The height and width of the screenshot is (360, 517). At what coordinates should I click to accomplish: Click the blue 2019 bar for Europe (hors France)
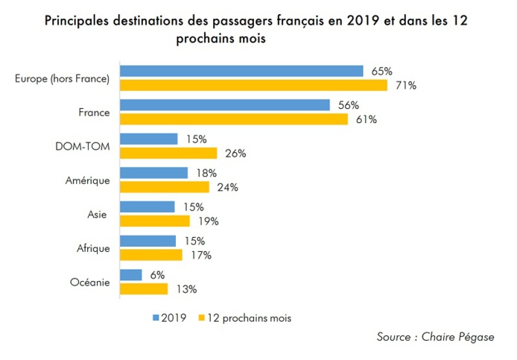(x=242, y=72)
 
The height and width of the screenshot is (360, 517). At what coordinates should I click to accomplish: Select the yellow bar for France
(x=234, y=119)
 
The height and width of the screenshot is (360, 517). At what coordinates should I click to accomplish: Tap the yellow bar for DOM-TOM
(x=168, y=154)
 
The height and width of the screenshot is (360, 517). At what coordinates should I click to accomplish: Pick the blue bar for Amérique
(x=153, y=173)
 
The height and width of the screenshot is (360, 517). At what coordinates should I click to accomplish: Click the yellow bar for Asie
(x=155, y=221)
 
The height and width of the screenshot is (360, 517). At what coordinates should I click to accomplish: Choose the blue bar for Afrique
(x=148, y=241)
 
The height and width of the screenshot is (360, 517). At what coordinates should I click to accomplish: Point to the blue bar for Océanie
(x=130, y=274)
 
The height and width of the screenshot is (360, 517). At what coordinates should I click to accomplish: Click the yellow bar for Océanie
(x=144, y=288)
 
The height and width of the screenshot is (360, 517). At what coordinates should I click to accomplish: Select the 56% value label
(x=348, y=105)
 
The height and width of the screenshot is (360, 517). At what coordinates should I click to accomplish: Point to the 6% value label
(x=157, y=274)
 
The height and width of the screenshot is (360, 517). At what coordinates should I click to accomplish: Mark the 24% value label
(x=227, y=187)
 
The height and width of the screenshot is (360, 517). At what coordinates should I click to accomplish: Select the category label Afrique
(x=94, y=247)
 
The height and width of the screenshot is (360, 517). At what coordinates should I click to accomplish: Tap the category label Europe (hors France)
(x=62, y=78)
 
